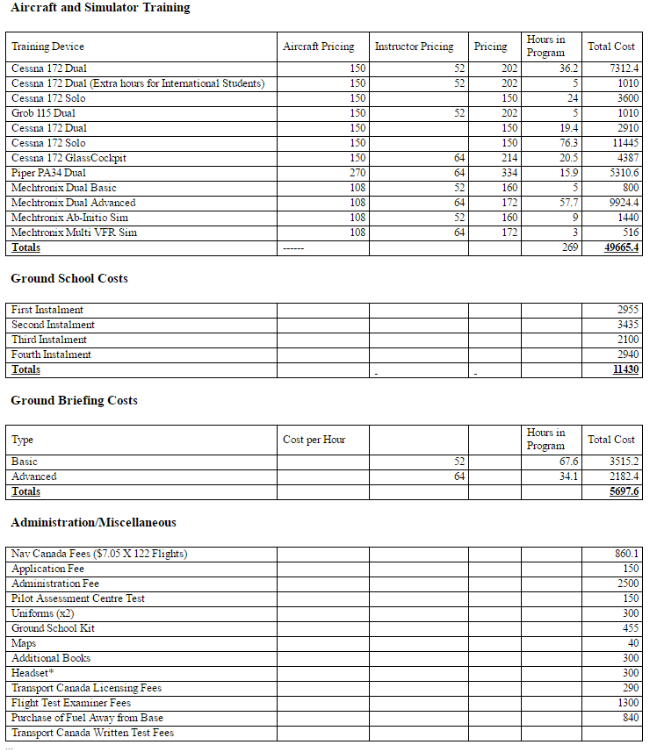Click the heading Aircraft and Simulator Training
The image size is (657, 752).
coord(100,8)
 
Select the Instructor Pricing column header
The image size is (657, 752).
coord(414,47)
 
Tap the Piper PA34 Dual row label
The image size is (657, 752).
coord(48,173)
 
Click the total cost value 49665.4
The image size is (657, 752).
coord(622,247)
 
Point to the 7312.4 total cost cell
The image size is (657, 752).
coord(625,68)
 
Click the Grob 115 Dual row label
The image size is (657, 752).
coord(43,113)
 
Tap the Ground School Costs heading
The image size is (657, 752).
coord(69,278)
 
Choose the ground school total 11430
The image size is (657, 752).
coord(625,369)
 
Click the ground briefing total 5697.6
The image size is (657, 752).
coord(625,491)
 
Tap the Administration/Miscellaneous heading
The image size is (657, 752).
coord(93,522)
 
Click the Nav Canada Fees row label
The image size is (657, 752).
coord(99,554)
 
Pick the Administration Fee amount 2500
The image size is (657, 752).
coord(627,584)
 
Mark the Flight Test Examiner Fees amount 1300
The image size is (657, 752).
coord(627,703)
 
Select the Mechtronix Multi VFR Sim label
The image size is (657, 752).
coord(74,233)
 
